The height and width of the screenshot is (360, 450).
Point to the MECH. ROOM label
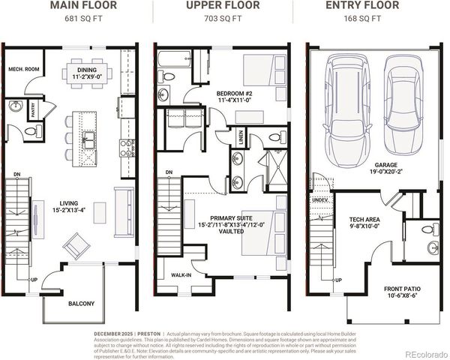tap(23, 70)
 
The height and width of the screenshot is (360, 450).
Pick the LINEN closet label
tap(240, 136)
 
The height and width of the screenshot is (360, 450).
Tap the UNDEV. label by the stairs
tap(319, 200)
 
